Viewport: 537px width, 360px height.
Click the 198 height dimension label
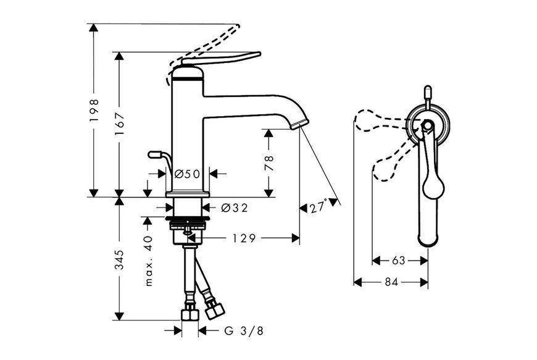tap(94, 111)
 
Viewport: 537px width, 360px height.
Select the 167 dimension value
tap(120, 124)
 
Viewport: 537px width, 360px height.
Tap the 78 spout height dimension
tap(269, 163)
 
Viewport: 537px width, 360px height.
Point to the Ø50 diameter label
tap(187, 174)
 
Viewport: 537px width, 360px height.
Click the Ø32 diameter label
tap(235, 207)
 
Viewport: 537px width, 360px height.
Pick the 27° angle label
tap(318, 207)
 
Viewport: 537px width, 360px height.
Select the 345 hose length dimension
tap(120, 259)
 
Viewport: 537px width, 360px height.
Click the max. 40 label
tap(149, 261)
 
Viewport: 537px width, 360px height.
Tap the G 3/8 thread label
tap(244, 331)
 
